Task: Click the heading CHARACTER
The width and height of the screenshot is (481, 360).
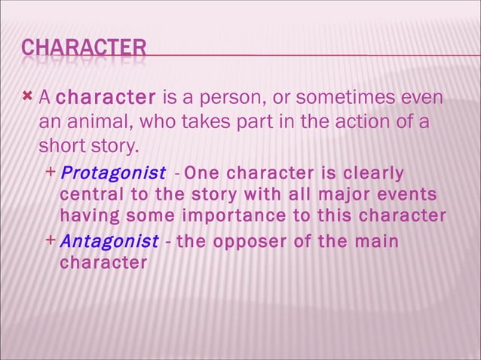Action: point(83,50)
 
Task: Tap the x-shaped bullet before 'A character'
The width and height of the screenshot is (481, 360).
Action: point(28,96)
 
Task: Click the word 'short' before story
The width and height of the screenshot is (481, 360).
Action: point(61,144)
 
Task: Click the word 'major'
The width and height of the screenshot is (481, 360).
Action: point(337,196)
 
